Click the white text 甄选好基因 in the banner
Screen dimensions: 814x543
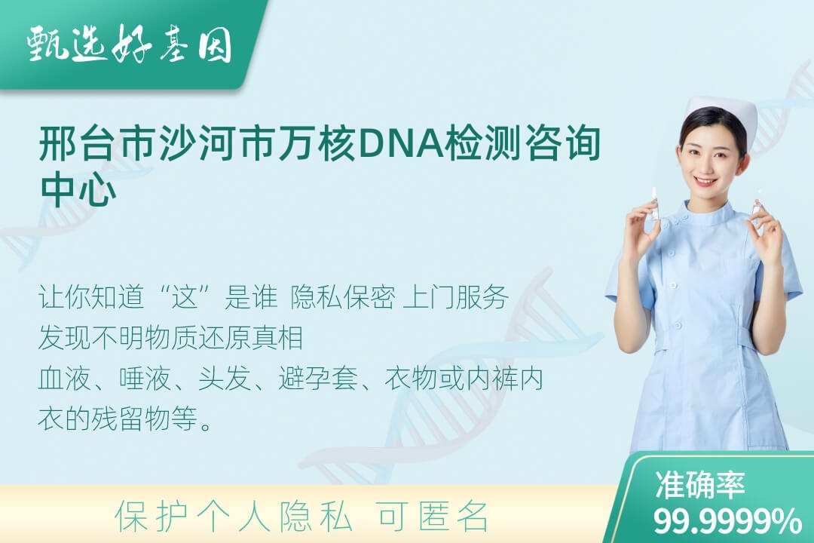pos(130,44)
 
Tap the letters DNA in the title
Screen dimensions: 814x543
pos(399,143)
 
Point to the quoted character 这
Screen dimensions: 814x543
pos(185,297)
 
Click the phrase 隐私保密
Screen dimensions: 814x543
pos(343,297)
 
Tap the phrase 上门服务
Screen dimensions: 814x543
pos(456,297)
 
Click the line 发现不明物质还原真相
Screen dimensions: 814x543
pos(171,338)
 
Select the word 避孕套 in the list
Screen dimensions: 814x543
pos(318,378)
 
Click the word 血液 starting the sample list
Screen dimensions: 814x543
pos(64,378)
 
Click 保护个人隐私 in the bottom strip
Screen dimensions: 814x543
pos(234,517)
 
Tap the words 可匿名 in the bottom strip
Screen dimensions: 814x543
pos(433,517)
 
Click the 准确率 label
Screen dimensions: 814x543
pos(700,485)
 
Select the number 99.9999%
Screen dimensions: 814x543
pos(727,521)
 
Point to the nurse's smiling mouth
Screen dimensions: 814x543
pos(705,181)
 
